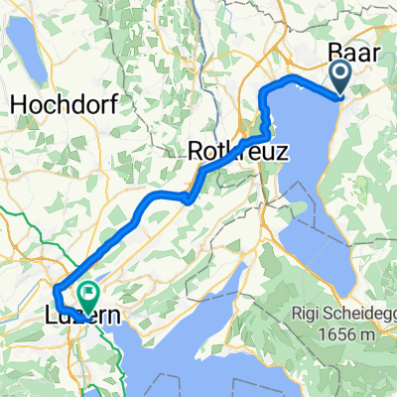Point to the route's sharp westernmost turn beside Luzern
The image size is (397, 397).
coord(56,295)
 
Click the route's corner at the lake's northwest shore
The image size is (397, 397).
coord(265,92)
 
